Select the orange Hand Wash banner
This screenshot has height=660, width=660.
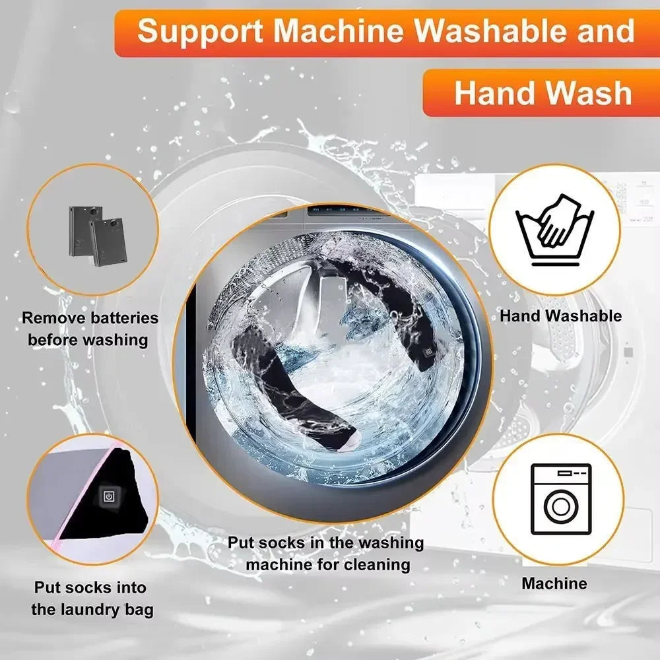[x=541, y=92]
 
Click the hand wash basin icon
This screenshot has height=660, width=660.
[x=555, y=231]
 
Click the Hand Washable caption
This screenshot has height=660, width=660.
[x=560, y=315]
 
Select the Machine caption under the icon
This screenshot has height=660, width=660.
[x=554, y=583]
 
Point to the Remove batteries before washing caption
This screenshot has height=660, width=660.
[x=90, y=329]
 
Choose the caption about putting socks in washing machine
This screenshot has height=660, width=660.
[x=325, y=553]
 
